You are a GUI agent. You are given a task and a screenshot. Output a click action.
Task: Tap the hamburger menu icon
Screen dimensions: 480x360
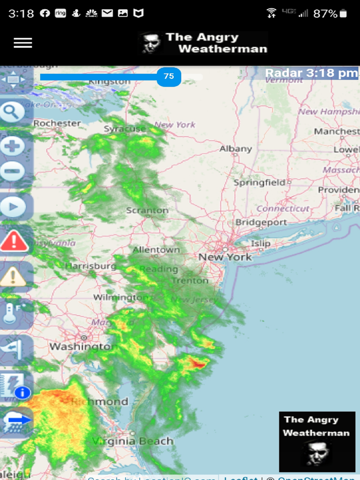[x=23, y=43]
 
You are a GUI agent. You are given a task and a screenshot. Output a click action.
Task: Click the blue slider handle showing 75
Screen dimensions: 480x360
[x=169, y=77]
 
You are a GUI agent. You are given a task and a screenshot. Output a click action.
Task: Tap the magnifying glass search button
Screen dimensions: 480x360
[x=13, y=111]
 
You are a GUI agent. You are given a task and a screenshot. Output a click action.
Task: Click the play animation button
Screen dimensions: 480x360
[x=13, y=208]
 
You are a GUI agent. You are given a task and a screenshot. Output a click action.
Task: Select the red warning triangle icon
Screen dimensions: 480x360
[x=14, y=241]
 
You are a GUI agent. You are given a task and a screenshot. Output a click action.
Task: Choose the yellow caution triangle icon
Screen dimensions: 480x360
[x=13, y=276]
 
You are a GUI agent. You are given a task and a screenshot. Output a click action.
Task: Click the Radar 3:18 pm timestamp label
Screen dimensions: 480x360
[x=311, y=73]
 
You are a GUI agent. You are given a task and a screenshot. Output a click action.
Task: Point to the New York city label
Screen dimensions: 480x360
[x=225, y=257]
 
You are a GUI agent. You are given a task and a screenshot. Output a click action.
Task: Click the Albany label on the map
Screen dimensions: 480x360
[x=236, y=149]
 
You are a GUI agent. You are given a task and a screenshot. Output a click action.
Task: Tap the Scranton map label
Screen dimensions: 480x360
[x=147, y=210]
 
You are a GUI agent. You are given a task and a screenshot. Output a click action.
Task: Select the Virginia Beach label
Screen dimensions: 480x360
[x=133, y=441]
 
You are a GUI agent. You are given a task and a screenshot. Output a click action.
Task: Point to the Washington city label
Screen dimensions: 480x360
[x=80, y=347]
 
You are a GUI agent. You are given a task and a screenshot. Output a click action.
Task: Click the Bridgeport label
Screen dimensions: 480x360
[x=261, y=223]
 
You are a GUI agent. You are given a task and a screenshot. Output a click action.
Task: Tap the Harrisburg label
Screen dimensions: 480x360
[x=91, y=266]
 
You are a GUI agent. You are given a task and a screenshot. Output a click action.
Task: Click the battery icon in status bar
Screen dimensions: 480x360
[x=344, y=13]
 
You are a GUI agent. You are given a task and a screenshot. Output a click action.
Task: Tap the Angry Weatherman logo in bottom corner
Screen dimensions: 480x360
[x=317, y=441]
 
